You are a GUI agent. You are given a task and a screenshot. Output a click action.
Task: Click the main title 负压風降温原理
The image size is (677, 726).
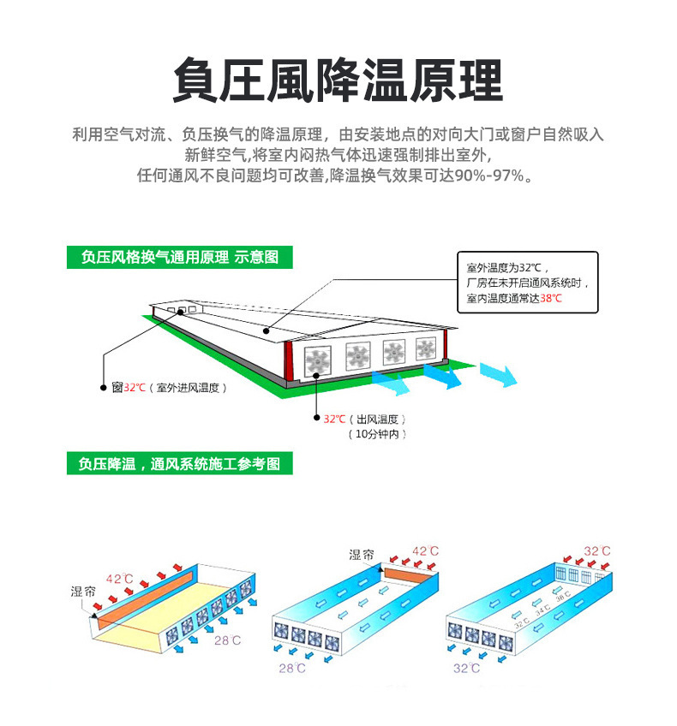coord(338,81)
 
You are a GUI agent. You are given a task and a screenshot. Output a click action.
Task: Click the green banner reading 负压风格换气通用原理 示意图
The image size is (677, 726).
coord(179,258)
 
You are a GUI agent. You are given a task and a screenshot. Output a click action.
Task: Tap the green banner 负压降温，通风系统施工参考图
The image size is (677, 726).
coord(179,464)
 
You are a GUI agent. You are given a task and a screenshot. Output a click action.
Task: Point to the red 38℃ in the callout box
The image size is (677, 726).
coord(551,298)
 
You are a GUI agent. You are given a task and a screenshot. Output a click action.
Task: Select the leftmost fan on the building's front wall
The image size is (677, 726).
coord(317,360)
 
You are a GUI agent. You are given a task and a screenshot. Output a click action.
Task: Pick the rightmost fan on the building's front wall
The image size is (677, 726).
coord(426,348)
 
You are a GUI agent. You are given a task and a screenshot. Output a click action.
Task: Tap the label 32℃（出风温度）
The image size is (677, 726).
coord(363,419)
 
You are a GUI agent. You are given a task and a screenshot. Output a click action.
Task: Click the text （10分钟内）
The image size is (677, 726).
coord(377,435)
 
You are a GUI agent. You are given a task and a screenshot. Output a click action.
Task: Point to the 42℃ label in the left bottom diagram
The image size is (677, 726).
coord(119,579)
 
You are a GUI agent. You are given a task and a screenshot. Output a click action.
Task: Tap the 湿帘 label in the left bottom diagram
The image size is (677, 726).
coord(83,591)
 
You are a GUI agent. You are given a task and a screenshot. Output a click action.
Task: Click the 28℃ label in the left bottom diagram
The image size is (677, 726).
coord(227,640)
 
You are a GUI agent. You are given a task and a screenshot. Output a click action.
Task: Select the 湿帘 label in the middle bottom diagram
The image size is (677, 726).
coord(361,555)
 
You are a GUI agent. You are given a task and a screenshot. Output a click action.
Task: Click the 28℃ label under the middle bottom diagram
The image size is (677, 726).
coord(291,667)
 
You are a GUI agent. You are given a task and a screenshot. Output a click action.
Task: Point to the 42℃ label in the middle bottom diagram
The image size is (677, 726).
coord(426,551)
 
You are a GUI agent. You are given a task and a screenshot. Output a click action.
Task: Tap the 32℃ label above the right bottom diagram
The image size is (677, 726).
coord(596,550)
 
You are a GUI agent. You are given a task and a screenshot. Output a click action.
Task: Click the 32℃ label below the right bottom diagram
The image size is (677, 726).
coord(466,668)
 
